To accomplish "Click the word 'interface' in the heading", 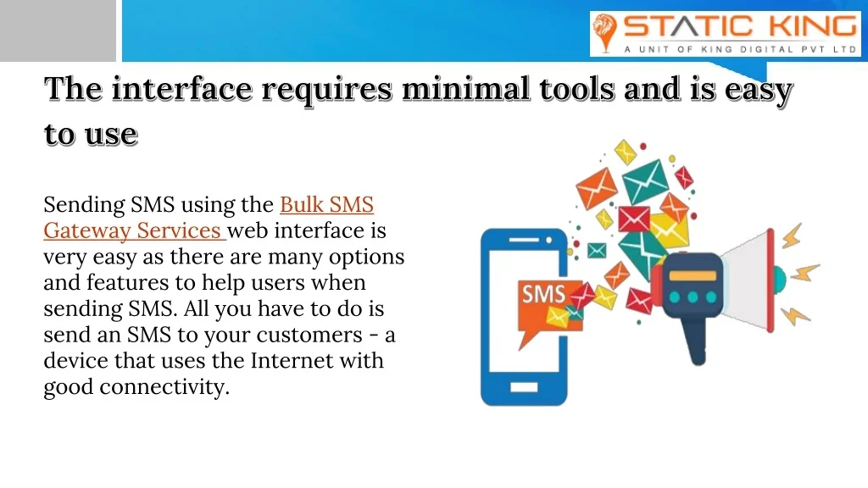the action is pos(182,88).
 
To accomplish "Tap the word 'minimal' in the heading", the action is pos(465,88).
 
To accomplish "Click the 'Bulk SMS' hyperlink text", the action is pos(326,205).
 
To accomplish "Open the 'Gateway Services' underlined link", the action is pos(133,230).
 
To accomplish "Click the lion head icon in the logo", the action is pos(604,33).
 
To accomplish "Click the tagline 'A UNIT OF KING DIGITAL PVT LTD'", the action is pos(741,49).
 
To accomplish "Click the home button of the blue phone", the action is pos(524,386).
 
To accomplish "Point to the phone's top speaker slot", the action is pos(524,240).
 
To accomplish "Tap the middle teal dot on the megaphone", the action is pos(693,297).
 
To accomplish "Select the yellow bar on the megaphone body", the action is pos(693,275).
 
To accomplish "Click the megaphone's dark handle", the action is pos(695,341).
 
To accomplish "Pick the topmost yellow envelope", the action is pos(626,152).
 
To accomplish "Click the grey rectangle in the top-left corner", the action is pos(58,30).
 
